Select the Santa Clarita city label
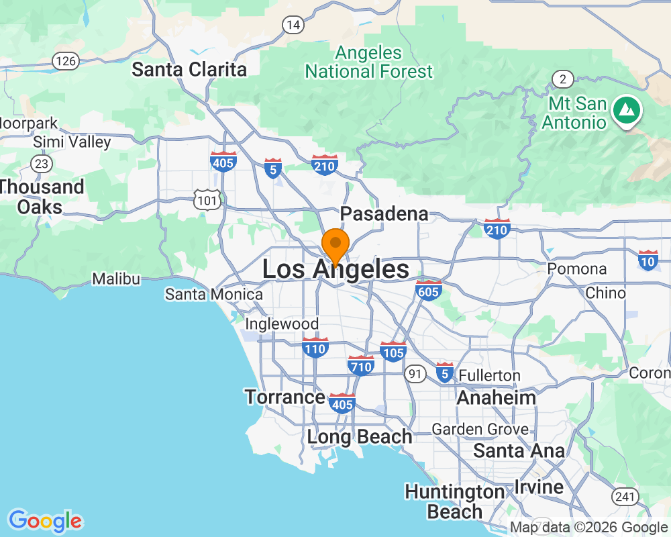[189, 69]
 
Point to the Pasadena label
[384, 213]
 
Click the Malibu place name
[116, 279]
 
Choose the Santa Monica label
[214, 294]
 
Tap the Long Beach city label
[360, 436]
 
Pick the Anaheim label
[496, 397]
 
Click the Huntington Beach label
[454, 501]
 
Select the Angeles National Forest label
[369, 62]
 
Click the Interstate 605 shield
[428, 290]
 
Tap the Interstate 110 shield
[315, 347]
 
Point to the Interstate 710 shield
[361, 365]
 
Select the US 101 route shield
[206, 199]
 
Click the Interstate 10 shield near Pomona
[648, 260]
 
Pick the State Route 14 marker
[292, 25]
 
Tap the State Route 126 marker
[67, 61]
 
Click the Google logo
[46, 521]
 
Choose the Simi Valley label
[72, 142]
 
